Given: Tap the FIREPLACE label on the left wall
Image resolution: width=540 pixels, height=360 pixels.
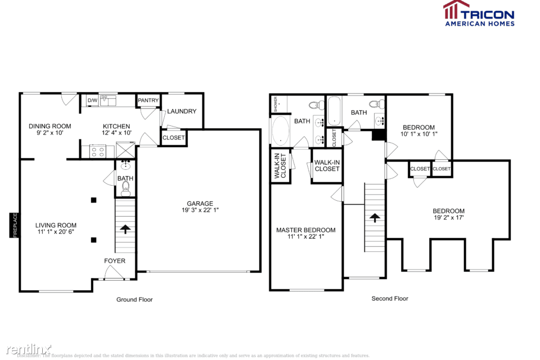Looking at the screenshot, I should (15, 225).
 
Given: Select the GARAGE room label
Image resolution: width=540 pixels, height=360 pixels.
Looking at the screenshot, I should (200, 204).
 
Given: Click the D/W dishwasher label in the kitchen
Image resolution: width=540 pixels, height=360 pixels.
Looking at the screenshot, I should (92, 101).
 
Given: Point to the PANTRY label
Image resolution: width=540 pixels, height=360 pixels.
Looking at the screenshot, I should (148, 101).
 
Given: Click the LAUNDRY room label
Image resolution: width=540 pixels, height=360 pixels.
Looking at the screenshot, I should (182, 111).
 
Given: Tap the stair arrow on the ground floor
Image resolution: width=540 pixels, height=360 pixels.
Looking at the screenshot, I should (126, 229).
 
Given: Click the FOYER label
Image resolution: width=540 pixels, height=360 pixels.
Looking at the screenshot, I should (115, 261).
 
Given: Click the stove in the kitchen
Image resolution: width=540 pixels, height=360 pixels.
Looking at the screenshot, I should (98, 151).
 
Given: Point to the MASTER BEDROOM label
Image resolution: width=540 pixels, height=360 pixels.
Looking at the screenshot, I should (305, 230).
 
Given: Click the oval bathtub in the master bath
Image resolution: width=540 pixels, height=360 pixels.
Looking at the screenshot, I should (280, 131).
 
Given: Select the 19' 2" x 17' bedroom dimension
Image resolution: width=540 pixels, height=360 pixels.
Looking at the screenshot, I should (449, 218).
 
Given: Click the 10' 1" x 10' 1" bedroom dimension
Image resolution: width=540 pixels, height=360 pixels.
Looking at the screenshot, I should (418, 134).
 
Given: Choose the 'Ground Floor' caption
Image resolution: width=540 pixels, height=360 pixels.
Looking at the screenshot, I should (134, 300).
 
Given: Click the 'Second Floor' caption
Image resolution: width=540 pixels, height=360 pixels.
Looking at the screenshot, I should (390, 299).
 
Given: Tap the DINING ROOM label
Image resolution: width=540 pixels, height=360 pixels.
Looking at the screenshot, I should (50, 126).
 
